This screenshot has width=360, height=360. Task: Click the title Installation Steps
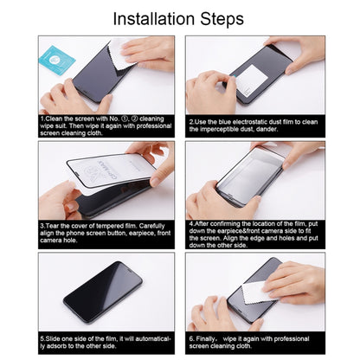179,17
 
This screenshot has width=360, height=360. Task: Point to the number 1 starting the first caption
42,119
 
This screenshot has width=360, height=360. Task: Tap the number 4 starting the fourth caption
190,223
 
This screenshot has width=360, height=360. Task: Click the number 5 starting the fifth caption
42,337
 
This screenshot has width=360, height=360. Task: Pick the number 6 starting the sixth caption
190,337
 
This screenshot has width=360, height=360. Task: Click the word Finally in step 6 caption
205,337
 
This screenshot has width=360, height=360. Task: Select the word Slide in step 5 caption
54,337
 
